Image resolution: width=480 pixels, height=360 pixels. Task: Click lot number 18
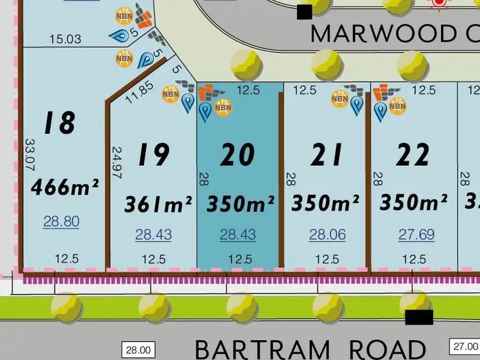(61, 122)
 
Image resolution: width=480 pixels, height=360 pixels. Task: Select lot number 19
(154, 154)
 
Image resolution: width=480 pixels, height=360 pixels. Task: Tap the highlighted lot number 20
(237, 154)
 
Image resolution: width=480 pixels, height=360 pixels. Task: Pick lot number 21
(327, 154)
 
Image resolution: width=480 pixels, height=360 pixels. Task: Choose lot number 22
(413, 154)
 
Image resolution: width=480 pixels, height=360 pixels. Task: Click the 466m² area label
(65, 188)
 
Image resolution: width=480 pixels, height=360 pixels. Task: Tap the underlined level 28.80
(61, 222)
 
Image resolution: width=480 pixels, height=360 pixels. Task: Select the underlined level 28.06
(327, 235)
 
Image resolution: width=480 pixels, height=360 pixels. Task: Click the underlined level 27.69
(417, 235)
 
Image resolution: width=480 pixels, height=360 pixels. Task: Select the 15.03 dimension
(65, 39)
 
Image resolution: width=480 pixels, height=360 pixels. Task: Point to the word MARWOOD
(371, 33)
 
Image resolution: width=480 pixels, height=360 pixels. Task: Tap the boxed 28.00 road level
(138, 350)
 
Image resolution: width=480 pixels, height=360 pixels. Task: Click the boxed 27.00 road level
(465, 345)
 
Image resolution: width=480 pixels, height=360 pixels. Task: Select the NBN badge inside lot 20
(223, 107)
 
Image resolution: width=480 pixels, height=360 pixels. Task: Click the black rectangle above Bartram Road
(419, 316)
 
